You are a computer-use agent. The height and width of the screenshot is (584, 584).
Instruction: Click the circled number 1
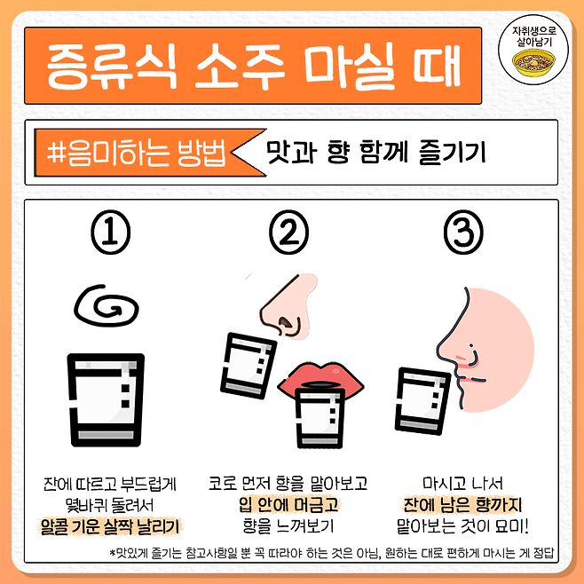(111, 232)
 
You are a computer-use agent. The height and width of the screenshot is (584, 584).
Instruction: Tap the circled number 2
(289, 232)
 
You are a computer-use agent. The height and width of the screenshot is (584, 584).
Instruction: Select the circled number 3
(463, 232)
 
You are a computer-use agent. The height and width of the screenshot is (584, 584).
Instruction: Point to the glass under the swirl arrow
(106, 400)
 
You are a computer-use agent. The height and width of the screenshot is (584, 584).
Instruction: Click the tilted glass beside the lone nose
(249, 366)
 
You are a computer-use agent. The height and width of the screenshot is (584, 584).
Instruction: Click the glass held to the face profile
(422, 401)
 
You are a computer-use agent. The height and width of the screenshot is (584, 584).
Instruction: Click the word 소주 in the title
(241, 66)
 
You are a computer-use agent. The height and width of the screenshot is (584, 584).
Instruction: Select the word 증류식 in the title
(112, 66)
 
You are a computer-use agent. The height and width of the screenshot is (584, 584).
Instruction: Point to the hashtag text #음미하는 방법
(137, 153)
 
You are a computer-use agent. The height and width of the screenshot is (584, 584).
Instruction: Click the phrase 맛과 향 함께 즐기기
(375, 152)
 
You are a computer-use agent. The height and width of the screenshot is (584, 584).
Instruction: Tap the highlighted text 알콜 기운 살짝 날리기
(109, 526)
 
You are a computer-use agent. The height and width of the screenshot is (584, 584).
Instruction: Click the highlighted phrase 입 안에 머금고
(288, 505)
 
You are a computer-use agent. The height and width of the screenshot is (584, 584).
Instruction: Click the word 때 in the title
(437, 66)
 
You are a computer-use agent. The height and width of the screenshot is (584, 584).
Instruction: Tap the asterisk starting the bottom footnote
(112, 552)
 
